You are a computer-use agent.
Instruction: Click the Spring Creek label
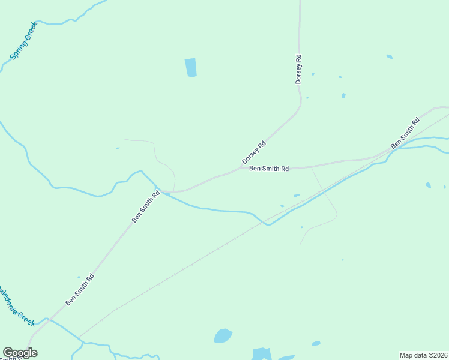pos(24,41)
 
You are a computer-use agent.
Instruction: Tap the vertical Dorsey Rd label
pos(298,69)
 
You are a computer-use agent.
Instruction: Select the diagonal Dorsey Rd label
pos(253,153)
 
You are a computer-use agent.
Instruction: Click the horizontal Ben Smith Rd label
pos(269,169)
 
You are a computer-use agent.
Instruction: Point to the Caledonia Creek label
pos(17,306)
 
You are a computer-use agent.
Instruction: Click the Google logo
pos(20,353)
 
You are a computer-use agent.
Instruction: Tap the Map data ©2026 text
pos(424,355)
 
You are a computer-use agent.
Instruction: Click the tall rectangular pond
pos(190,67)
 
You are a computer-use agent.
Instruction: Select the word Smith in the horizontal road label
pos(271,169)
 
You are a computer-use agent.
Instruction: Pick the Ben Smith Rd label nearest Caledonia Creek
pos(80,290)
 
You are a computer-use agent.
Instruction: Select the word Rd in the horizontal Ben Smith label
pos(285,169)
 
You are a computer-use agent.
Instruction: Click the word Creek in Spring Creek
pos(30,31)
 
